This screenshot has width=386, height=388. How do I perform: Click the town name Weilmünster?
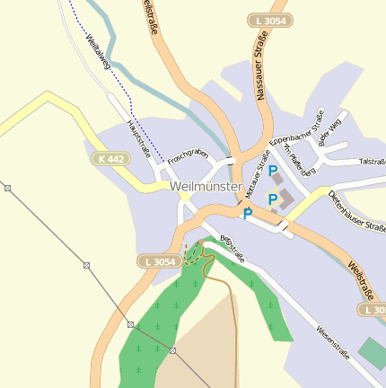[x=206, y=187]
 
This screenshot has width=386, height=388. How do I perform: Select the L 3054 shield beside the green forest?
[x=158, y=261]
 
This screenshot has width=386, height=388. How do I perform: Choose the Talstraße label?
[x=372, y=163]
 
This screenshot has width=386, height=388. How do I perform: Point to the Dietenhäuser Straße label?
[x=356, y=211]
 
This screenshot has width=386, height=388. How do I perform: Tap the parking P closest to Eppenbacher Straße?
[x=272, y=170]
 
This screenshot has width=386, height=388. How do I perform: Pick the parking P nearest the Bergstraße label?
[x=247, y=214]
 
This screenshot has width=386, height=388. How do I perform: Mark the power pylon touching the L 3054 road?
[x=131, y=324]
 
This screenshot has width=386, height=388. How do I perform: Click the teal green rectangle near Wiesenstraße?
[x=372, y=354]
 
